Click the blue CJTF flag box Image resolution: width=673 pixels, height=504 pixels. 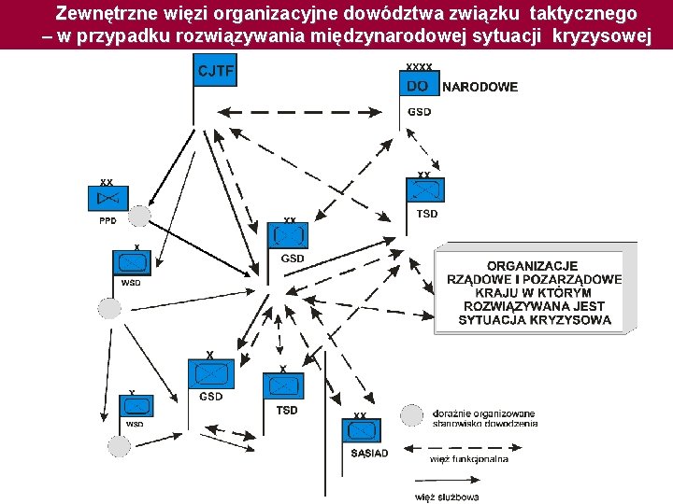[x=215, y=71]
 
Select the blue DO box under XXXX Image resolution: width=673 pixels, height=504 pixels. [x=419, y=86]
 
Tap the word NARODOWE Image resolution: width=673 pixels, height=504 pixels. [x=480, y=87]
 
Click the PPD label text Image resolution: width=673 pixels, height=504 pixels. [x=107, y=221]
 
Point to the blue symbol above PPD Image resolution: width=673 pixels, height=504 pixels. [x=108, y=199]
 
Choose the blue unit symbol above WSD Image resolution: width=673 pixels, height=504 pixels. [x=131, y=262]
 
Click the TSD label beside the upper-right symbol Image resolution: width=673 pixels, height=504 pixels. [x=426, y=214]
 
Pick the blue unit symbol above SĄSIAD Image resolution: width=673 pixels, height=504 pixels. [x=362, y=431]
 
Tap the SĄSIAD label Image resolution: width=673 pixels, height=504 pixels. [x=369, y=453]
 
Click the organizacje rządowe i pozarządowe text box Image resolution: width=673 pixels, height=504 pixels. [x=535, y=292]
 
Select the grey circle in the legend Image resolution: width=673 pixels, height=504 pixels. [x=411, y=415]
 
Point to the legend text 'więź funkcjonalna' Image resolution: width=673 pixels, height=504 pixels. [x=469, y=458]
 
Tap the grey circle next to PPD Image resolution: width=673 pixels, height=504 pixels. [x=138, y=217]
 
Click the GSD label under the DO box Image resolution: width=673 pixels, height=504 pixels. [x=420, y=112]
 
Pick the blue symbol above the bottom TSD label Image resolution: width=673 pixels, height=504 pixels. [x=285, y=385]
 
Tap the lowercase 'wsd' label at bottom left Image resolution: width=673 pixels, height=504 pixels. [x=135, y=424]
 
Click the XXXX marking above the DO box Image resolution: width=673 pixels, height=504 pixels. [x=419, y=67]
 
